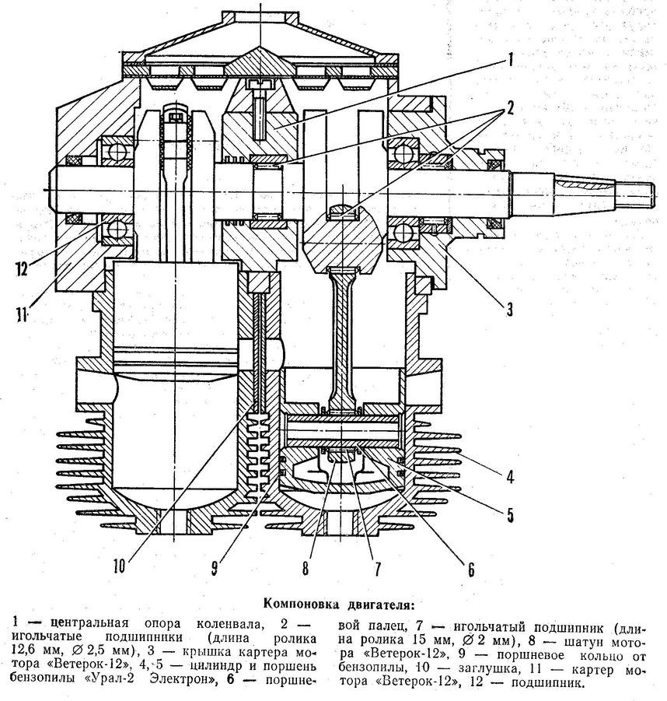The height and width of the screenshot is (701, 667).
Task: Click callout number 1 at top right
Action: (510, 59)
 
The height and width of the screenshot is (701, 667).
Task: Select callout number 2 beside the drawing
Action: (510, 108)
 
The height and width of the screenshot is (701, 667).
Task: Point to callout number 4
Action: (510, 477)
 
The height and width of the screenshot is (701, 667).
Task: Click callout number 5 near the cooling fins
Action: (510, 515)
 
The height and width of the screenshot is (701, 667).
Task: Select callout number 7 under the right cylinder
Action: (376, 569)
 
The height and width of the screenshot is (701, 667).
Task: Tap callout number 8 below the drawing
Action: (306, 569)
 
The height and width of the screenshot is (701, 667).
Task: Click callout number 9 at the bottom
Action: (215, 569)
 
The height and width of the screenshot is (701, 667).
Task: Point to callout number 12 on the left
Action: (22, 269)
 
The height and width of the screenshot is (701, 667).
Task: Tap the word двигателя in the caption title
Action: (382, 605)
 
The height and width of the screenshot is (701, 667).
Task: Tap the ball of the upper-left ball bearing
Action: (118, 152)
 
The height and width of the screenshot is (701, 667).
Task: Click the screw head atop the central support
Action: (260, 84)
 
